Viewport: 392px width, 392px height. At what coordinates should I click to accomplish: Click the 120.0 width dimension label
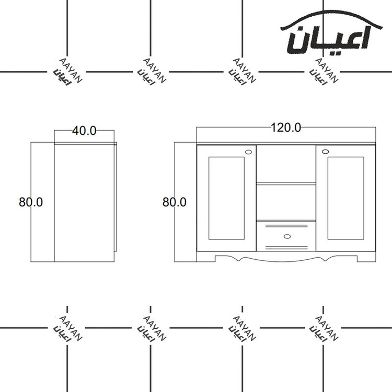[286, 128]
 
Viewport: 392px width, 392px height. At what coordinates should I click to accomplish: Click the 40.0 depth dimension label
[84, 131]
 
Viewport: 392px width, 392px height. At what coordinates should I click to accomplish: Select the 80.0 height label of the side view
[31, 202]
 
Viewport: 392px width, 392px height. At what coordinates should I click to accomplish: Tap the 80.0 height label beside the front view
[174, 202]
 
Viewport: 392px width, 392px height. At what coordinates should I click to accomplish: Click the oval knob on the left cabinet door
[249, 152]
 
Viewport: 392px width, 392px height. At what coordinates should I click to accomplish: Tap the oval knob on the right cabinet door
[325, 152]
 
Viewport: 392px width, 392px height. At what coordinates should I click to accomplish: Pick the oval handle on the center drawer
[287, 236]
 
